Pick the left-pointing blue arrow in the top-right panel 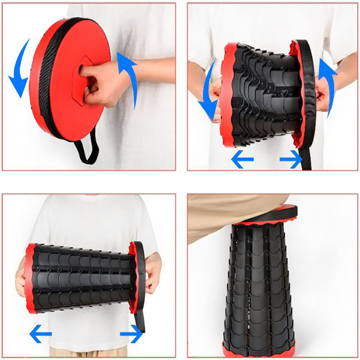click(x=242, y=160)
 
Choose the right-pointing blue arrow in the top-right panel click(x=291, y=160)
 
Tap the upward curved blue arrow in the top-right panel click(x=328, y=75)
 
